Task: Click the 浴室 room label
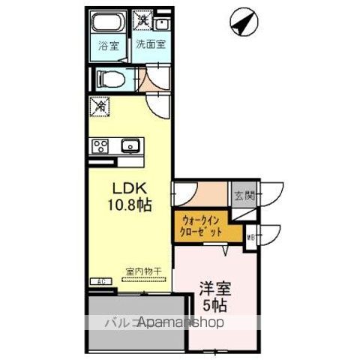[x=109, y=46]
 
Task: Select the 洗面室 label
[x=151, y=44]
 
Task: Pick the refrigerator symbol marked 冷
[x=98, y=106]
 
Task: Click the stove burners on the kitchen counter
[x=100, y=145]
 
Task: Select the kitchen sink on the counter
[x=130, y=145]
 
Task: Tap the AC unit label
[x=100, y=282]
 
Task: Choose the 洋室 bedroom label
[x=212, y=287]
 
